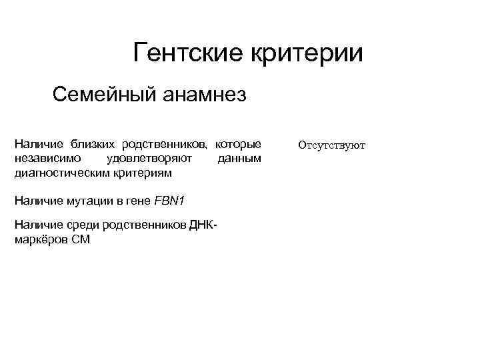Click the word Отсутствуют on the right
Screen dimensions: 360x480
click(332, 145)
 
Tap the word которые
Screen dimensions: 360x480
click(238, 145)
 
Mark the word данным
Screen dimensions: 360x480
click(240, 159)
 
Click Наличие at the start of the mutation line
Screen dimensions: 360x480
click(36, 201)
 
